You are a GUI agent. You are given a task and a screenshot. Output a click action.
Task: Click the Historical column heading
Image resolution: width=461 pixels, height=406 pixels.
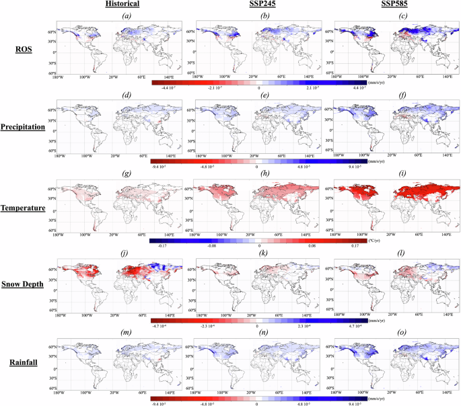pyautogui.click(x=123, y=5)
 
